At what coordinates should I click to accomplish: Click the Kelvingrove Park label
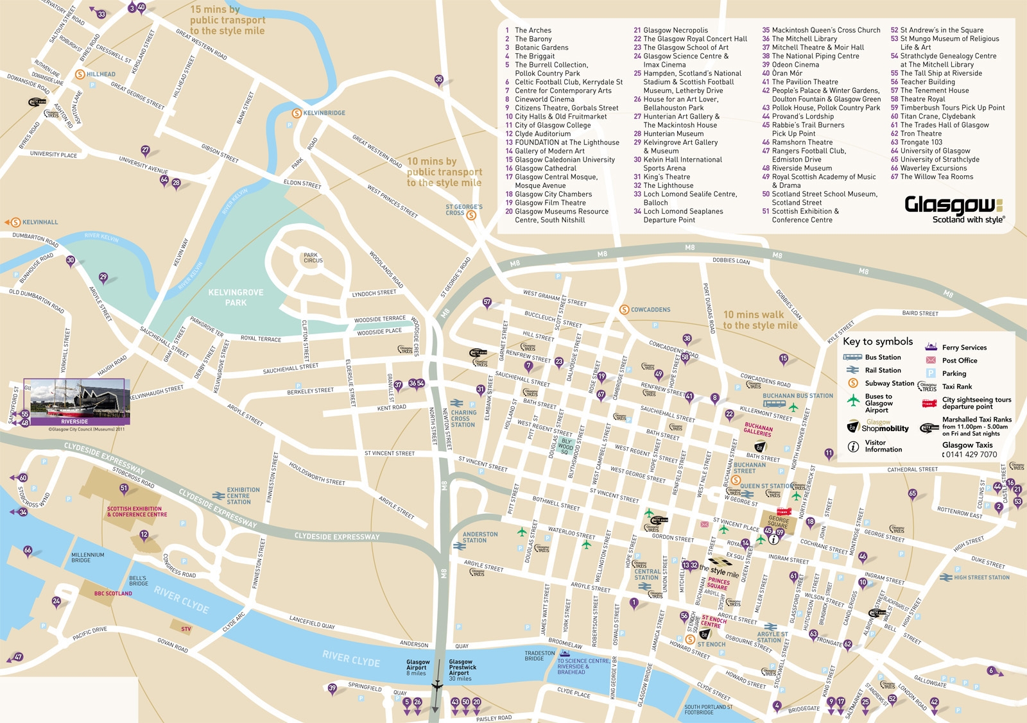click(x=236, y=297)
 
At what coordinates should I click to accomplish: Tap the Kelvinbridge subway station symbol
click(x=297, y=113)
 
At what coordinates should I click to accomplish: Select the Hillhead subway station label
click(x=101, y=74)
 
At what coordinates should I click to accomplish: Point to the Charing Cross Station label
click(x=463, y=419)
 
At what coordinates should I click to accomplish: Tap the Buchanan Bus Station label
click(x=797, y=396)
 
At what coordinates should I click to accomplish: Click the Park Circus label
click(x=313, y=258)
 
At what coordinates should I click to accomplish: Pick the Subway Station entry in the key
click(x=889, y=384)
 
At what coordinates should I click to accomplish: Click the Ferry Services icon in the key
click(x=931, y=347)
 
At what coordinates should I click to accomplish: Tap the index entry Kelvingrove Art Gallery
click(x=680, y=142)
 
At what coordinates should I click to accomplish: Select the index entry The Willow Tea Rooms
click(x=936, y=177)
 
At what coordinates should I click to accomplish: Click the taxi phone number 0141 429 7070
click(x=970, y=455)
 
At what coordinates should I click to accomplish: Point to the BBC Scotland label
click(x=113, y=593)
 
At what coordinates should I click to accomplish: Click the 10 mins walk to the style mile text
click(x=760, y=320)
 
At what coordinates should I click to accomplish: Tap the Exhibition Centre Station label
click(x=243, y=495)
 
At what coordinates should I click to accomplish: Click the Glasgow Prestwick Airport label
click(x=462, y=670)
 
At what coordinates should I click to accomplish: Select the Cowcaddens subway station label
click(x=650, y=310)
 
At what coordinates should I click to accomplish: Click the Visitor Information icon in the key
click(x=853, y=447)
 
